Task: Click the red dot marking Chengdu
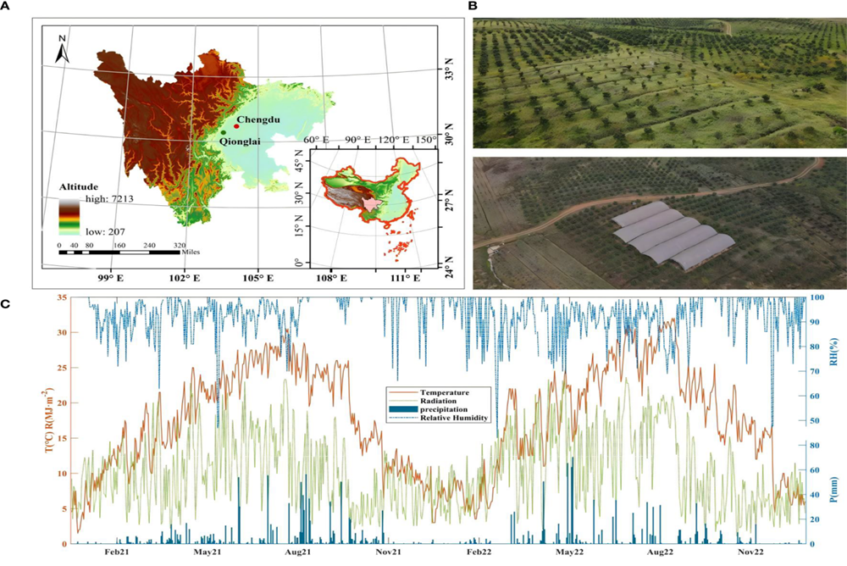pyautogui.click(x=235, y=126)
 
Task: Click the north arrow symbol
pyautogui.click(x=62, y=50)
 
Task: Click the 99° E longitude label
pyautogui.click(x=108, y=278)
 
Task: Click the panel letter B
pyautogui.click(x=473, y=7)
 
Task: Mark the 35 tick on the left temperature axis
pyautogui.click(x=62, y=298)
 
